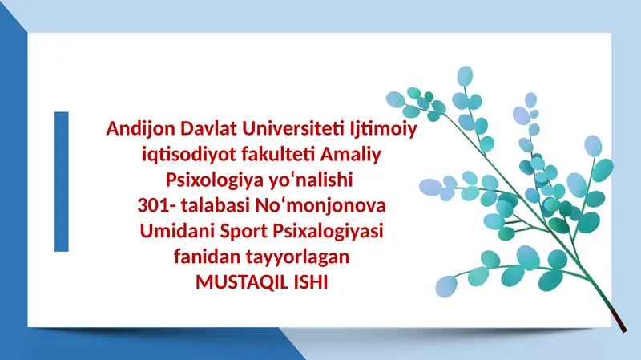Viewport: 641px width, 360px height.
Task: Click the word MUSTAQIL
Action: click(233, 283)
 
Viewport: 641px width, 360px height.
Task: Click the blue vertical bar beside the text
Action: click(61, 181)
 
